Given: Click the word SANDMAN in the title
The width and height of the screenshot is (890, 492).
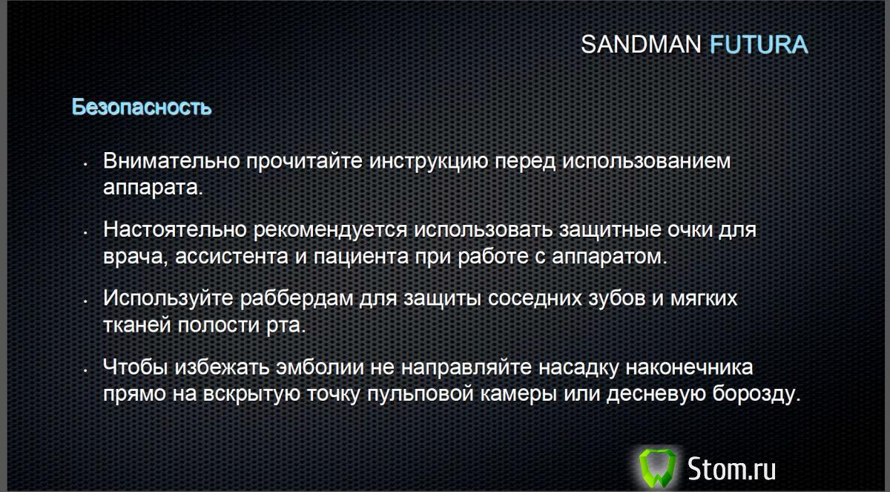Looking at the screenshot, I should tap(641, 45).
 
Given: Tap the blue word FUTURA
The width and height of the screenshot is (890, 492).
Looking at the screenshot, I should tap(758, 45).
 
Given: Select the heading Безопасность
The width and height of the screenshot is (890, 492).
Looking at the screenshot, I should tap(142, 107).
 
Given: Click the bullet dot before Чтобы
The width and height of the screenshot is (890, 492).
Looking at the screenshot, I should tap(87, 369).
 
